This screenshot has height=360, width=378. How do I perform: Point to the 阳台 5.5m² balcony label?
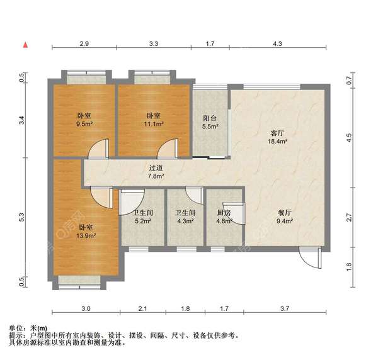[210, 122]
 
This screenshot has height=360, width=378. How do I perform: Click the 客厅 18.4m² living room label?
[278, 138]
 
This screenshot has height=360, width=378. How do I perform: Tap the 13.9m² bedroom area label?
[86, 231]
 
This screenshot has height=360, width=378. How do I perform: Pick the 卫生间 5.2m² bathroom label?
[142, 217]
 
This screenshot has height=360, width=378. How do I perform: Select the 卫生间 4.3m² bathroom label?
[185, 217]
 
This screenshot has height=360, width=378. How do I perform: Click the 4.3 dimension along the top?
[277, 44]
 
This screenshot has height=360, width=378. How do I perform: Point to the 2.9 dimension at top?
[84, 44]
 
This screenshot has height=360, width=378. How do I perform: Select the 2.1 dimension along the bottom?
[142, 308]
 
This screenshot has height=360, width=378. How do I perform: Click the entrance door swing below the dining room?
[308, 259]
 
